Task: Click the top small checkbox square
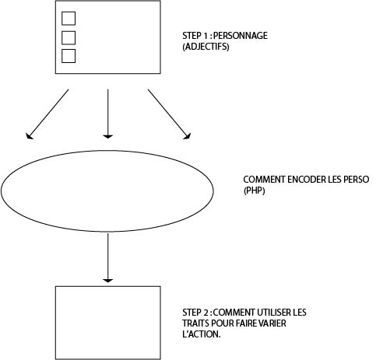click(69, 19)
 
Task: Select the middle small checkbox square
click(69, 38)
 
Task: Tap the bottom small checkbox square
click(69, 56)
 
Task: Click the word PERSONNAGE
click(241, 36)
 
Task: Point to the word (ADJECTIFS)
click(206, 47)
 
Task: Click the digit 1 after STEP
click(206, 36)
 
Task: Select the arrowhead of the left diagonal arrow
click(29, 136)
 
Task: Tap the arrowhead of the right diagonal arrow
click(188, 136)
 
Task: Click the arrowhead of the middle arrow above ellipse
click(107, 136)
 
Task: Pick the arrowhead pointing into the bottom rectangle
click(107, 281)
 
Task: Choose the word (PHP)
click(255, 190)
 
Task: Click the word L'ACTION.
click(202, 334)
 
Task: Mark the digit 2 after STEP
click(206, 313)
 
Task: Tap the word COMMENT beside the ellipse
click(265, 180)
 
